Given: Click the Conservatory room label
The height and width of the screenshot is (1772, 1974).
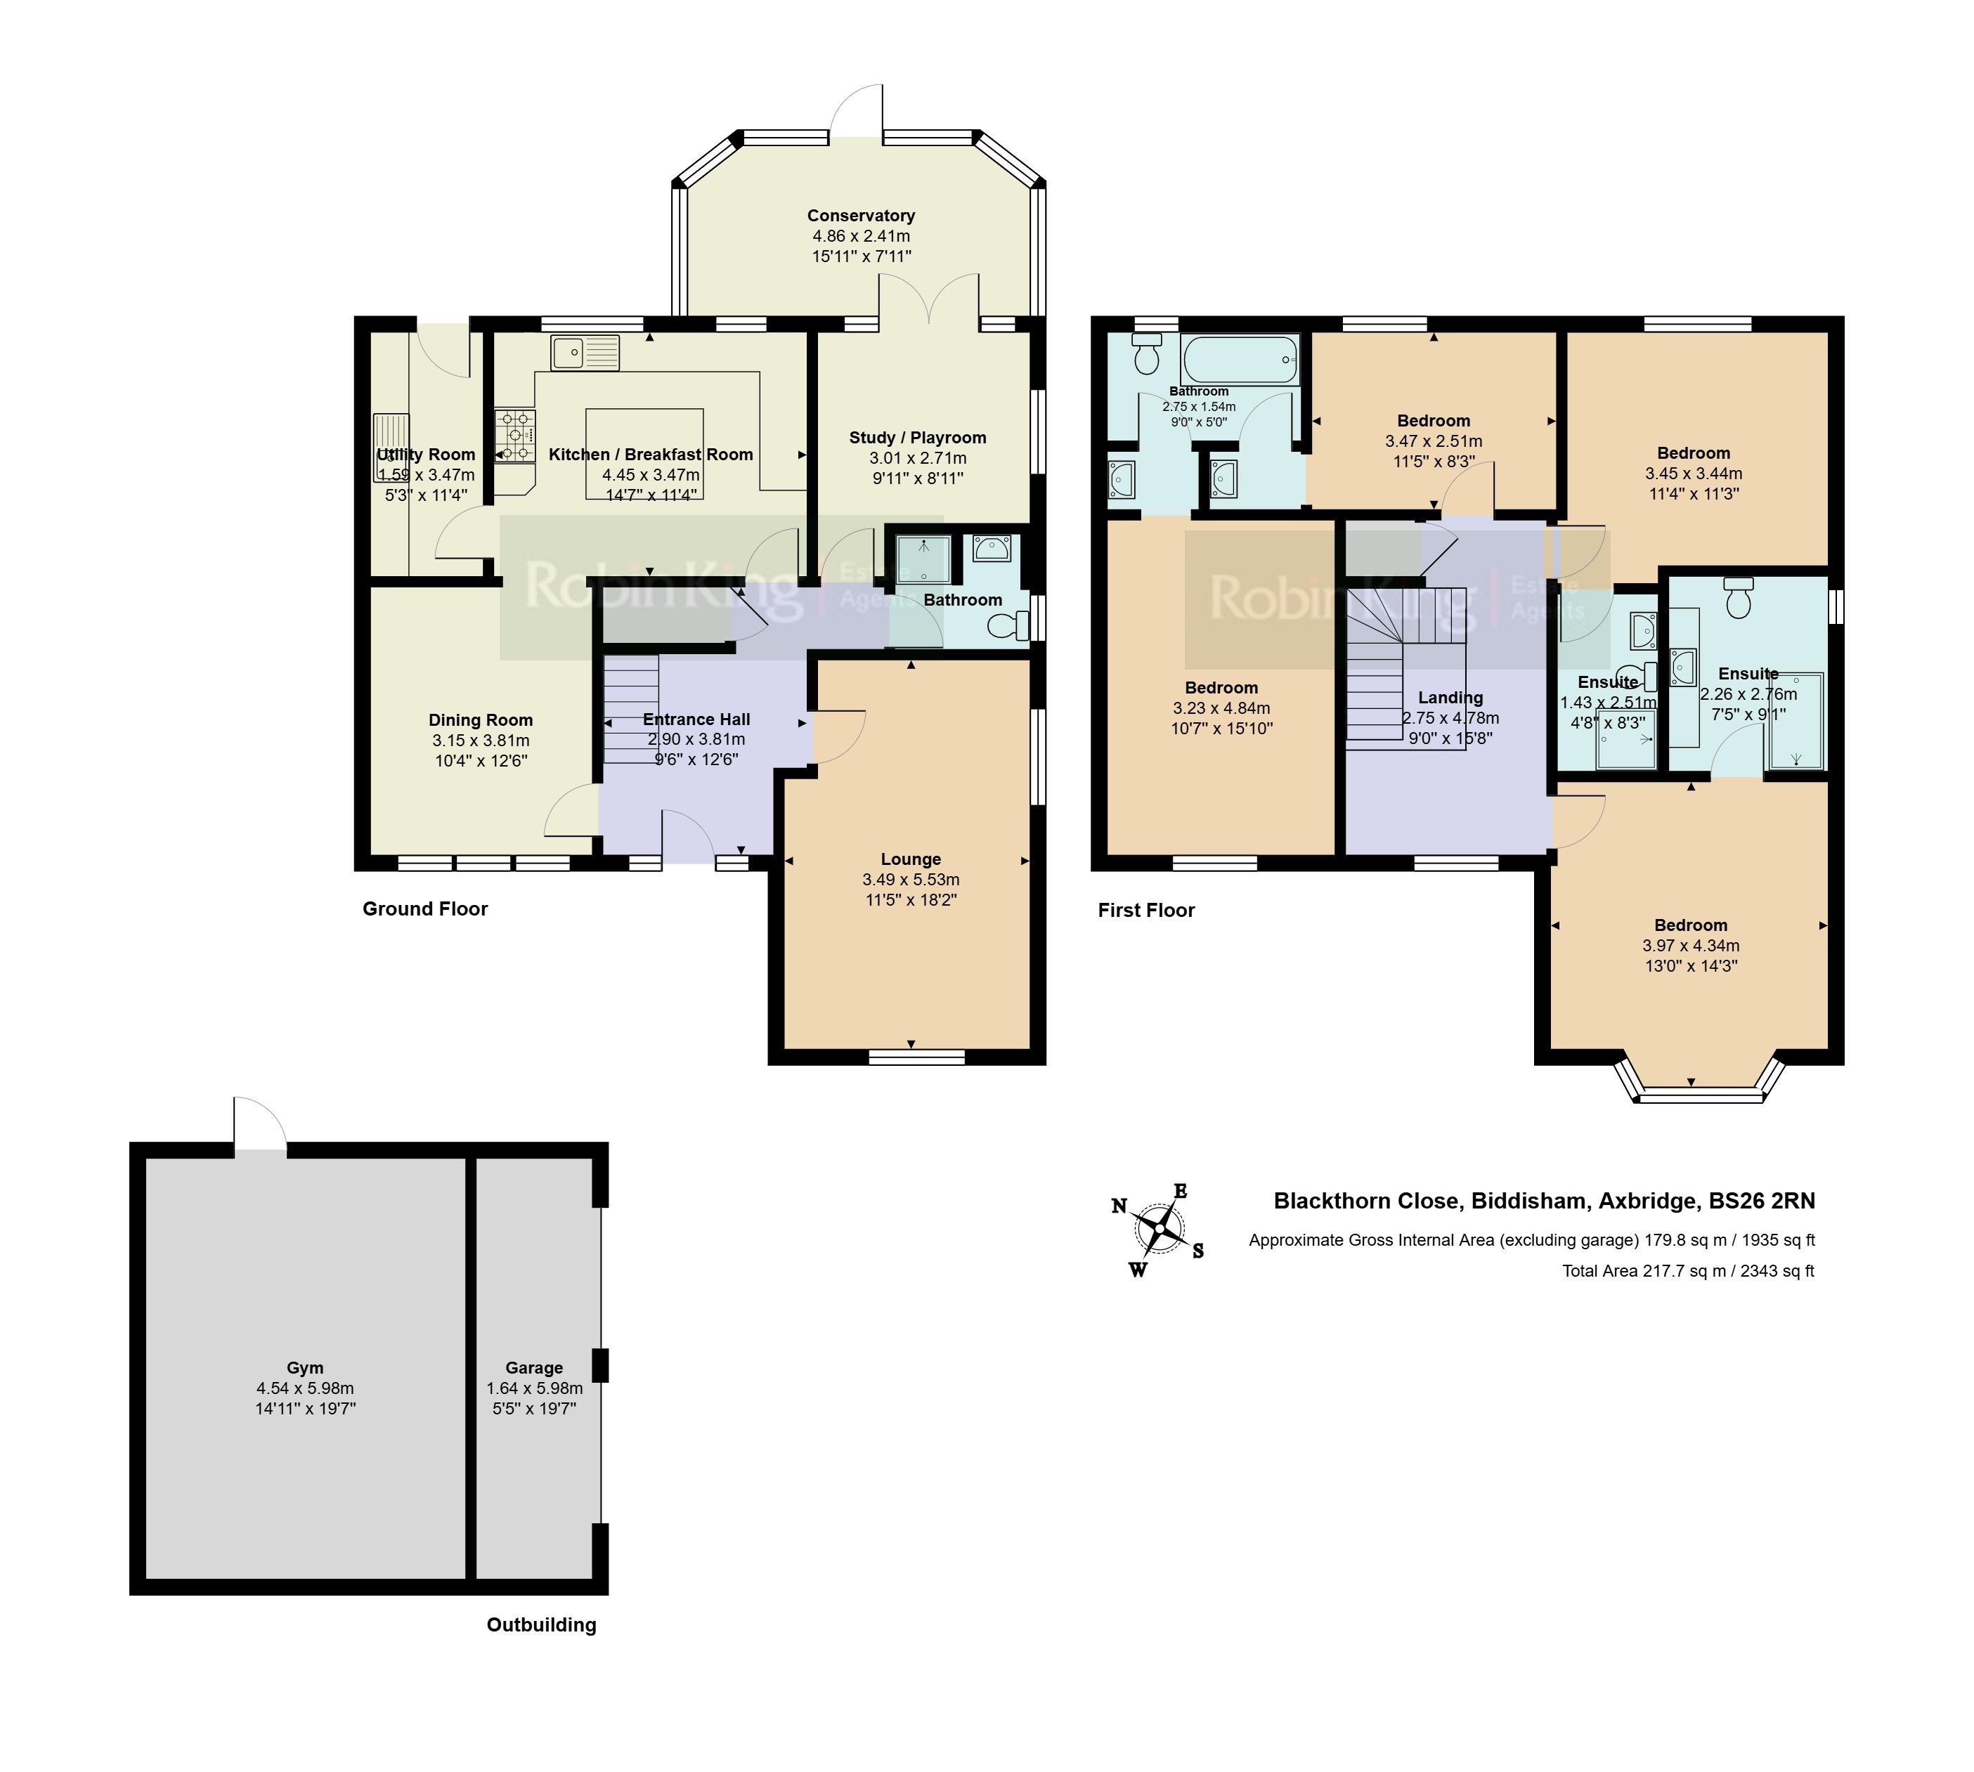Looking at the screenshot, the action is (x=861, y=215).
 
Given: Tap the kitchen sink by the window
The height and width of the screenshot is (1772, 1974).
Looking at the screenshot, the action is (x=584, y=353).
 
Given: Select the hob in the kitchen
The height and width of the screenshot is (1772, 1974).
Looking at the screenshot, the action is (x=515, y=435).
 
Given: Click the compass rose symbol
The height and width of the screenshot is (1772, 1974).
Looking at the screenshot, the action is (x=1159, y=1229).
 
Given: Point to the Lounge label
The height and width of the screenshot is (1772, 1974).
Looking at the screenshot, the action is (x=911, y=859).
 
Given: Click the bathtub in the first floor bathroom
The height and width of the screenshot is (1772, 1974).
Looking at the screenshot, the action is (x=1240, y=359).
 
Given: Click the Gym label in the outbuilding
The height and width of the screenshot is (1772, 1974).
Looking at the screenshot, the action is (x=305, y=1368).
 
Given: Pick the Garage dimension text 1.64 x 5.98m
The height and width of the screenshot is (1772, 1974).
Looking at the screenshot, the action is (x=535, y=1388).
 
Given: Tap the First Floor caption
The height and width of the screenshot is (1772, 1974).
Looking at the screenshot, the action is (x=1146, y=911).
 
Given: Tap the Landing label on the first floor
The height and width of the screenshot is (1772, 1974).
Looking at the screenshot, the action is (x=1450, y=697).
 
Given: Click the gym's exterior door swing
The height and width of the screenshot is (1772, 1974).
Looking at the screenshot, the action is (x=260, y=1124).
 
